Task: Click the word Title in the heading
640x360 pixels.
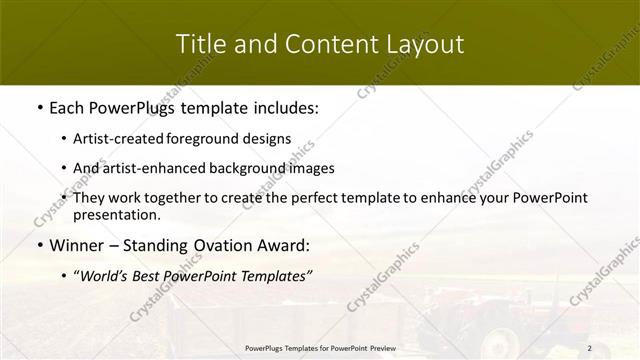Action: pyautogui.click(x=199, y=44)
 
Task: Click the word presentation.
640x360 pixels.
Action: pyautogui.click(x=117, y=214)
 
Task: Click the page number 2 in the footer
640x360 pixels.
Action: pyautogui.click(x=589, y=348)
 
